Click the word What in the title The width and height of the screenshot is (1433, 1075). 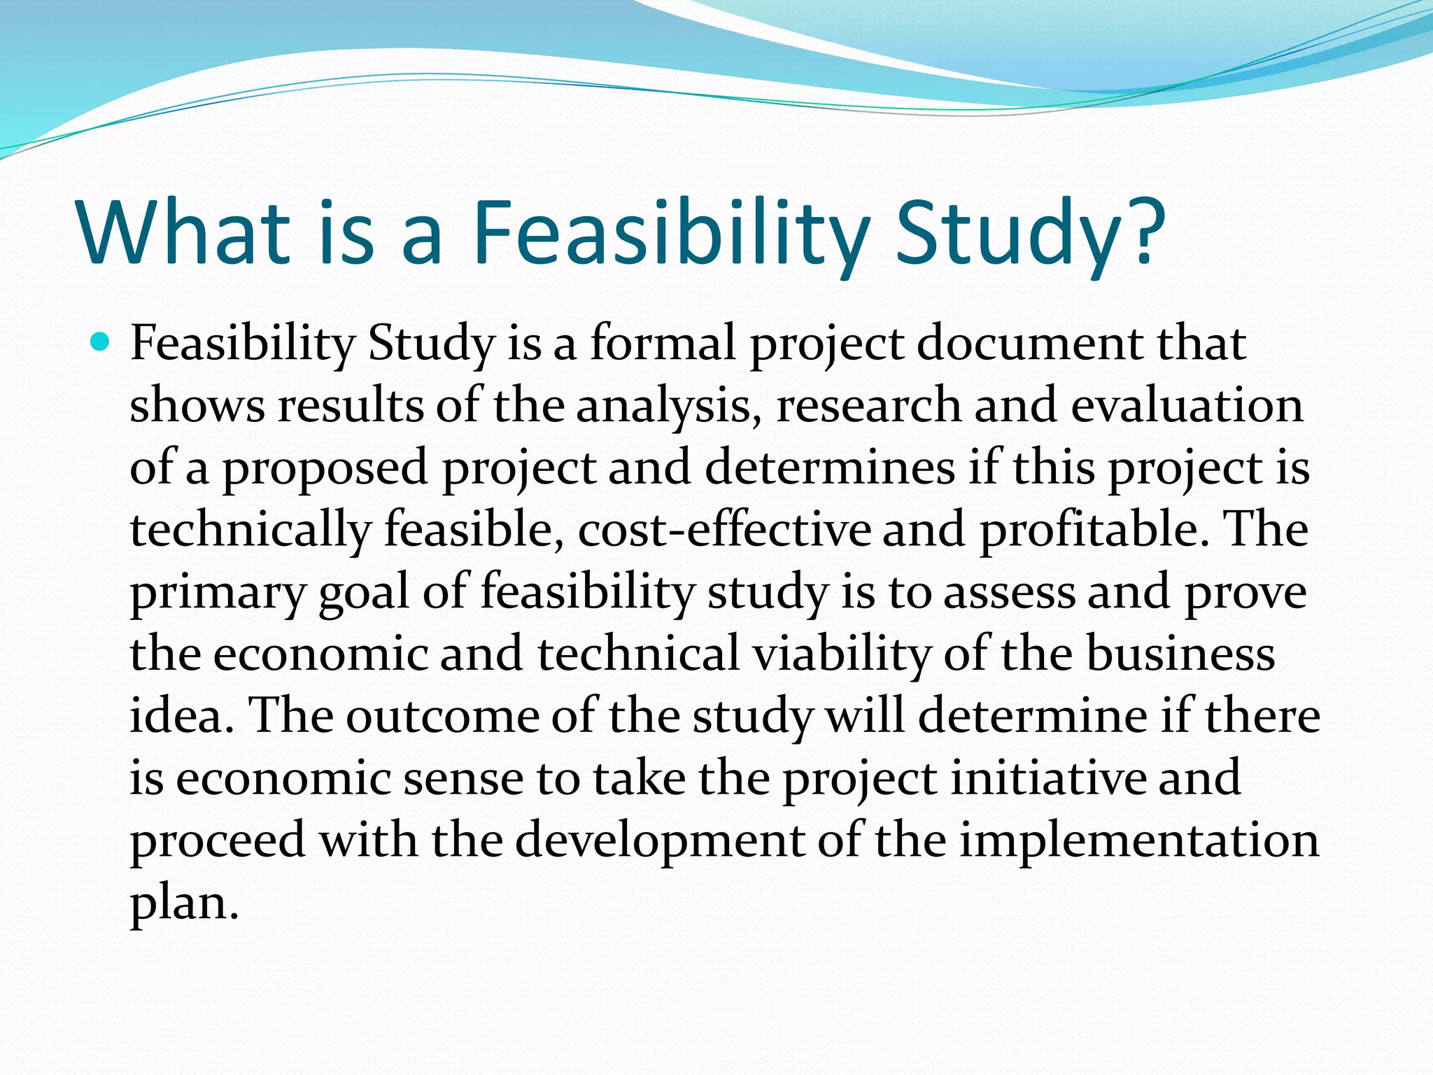184,231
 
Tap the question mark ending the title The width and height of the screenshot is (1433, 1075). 1143,231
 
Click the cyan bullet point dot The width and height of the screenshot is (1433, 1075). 101,343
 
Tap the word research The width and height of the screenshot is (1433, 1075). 868,406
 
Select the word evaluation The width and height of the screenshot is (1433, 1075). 1187,406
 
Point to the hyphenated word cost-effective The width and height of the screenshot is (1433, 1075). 724,530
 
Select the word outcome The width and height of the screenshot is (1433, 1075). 442,715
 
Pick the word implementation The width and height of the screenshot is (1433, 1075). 1139,840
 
